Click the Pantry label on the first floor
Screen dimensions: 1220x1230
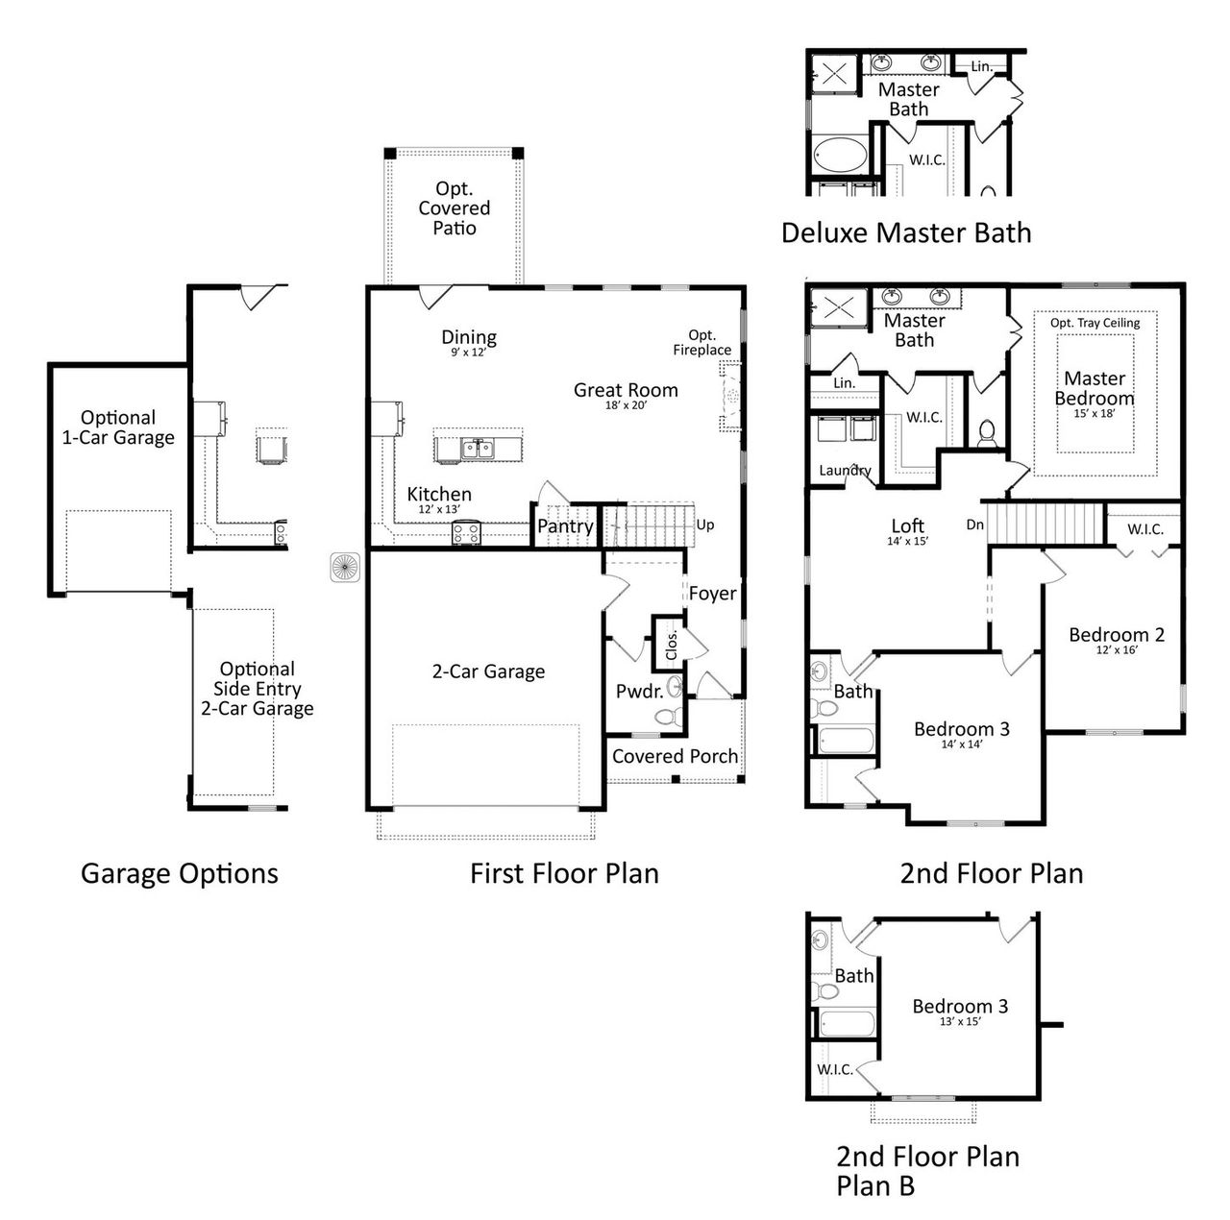pos(565,526)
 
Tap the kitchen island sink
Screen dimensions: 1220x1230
pos(476,448)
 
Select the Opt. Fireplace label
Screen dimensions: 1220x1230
pos(701,343)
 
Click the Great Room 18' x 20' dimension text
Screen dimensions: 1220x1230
pos(625,406)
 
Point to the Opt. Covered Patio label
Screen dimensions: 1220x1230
pos(455,208)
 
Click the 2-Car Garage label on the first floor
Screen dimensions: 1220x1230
pos(488,671)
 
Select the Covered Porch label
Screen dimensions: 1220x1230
pos(675,756)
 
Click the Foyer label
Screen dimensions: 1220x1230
pos(712,594)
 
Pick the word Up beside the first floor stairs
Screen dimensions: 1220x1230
pos(705,525)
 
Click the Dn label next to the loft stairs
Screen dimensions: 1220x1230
pos(974,525)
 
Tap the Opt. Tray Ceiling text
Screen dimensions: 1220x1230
pos(1095,323)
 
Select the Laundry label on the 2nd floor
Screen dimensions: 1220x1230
pos(845,471)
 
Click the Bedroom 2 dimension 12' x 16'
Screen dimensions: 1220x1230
pos(1117,650)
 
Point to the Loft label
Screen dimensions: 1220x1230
pos(907,525)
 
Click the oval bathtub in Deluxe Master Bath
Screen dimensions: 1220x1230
pos(841,154)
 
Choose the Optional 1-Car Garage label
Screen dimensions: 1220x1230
pos(118,427)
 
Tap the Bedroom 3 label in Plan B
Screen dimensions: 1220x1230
pos(960,1006)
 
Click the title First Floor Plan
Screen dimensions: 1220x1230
pos(564,873)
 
